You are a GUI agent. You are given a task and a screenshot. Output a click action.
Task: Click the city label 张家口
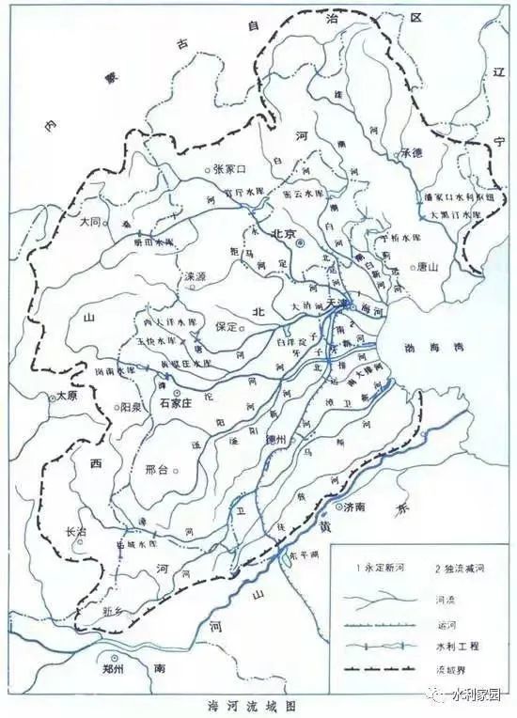[229, 169]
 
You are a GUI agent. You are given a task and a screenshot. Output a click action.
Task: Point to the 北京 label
[283, 235]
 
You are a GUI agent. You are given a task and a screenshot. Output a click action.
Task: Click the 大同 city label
[91, 223]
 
